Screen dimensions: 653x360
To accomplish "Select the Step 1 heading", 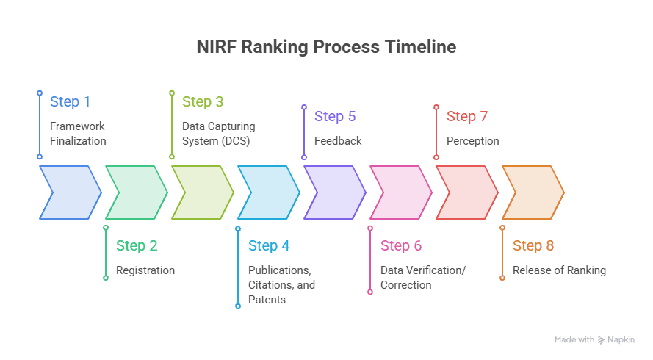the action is tap(70, 101).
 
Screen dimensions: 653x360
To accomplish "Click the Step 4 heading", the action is tap(269, 246).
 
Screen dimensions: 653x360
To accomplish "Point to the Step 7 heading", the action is tap(467, 116).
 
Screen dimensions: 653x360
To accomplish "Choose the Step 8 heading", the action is tap(533, 246).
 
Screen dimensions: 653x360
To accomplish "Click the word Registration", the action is tap(145, 270).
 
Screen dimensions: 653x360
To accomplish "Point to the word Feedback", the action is tap(338, 141).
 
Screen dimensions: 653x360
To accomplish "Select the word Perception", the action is tap(473, 141).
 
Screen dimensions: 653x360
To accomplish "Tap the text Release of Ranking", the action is tap(559, 270).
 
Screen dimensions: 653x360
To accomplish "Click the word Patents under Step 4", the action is tap(267, 300).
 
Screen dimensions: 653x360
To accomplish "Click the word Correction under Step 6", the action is tap(406, 285).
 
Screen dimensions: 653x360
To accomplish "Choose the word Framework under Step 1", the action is tap(77, 126).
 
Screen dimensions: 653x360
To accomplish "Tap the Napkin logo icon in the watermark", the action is tap(601, 340).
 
